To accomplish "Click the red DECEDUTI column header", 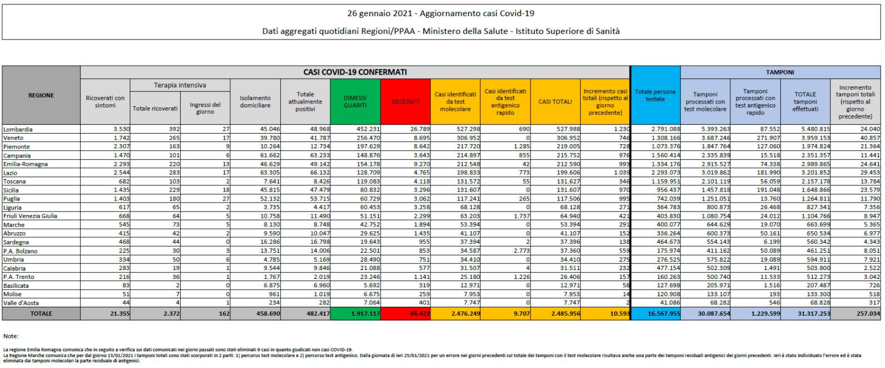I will pyautogui.click(x=406, y=102).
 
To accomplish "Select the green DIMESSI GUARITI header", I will pyautogui.click(x=355, y=102).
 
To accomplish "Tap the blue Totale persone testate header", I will pyautogui.click(x=655, y=96).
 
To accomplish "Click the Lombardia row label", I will pyautogui.click(x=18, y=129).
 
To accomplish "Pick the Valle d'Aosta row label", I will pyautogui.click(x=22, y=302).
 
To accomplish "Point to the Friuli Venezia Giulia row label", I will pyautogui.click(x=30, y=216).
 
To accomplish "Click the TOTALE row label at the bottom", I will pyautogui.click(x=41, y=313).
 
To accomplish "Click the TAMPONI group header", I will pyautogui.click(x=780, y=72).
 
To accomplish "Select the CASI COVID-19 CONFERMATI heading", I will pyautogui.click(x=355, y=72).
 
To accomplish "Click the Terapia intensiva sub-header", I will pyautogui.click(x=180, y=85).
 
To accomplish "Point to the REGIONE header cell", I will pyautogui.click(x=41, y=96).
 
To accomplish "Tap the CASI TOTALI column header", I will pyautogui.click(x=555, y=102).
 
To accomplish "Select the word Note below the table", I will pyautogui.click(x=11, y=336).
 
